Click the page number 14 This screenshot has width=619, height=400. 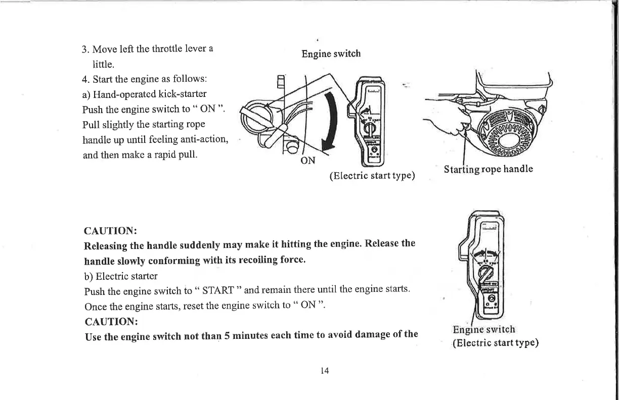click(x=325, y=371)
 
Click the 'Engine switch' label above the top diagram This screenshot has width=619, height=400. click(x=331, y=54)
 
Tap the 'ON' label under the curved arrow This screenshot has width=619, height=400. click(x=308, y=161)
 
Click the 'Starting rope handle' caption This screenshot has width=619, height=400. click(x=488, y=169)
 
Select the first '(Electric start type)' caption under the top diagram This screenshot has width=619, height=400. click(x=372, y=176)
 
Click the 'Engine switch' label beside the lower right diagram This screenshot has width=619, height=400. click(x=483, y=330)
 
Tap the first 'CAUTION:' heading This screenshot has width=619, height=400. click(x=110, y=231)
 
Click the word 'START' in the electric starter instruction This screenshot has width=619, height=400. click(x=217, y=291)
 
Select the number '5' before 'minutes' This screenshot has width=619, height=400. click(x=228, y=335)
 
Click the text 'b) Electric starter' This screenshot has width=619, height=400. click(x=120, y=276)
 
